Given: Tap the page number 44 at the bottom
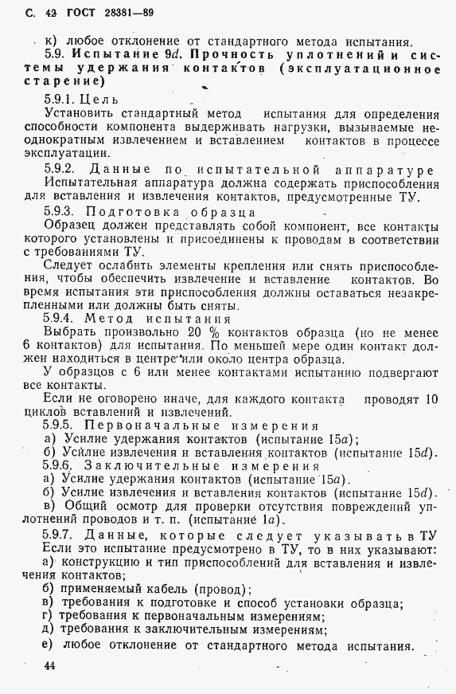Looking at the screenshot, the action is click(x=51, y=665).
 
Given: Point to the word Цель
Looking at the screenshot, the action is click(x=104, y=100).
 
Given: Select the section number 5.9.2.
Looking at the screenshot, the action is click(x=63, y=170).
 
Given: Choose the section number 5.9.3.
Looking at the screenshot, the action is click(x=63, y=213).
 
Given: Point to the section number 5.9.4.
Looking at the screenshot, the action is click(x=63, y=316).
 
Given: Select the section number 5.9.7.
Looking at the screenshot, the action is click(x=63, y=535).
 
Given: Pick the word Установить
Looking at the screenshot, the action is click(x=81, y=115).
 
